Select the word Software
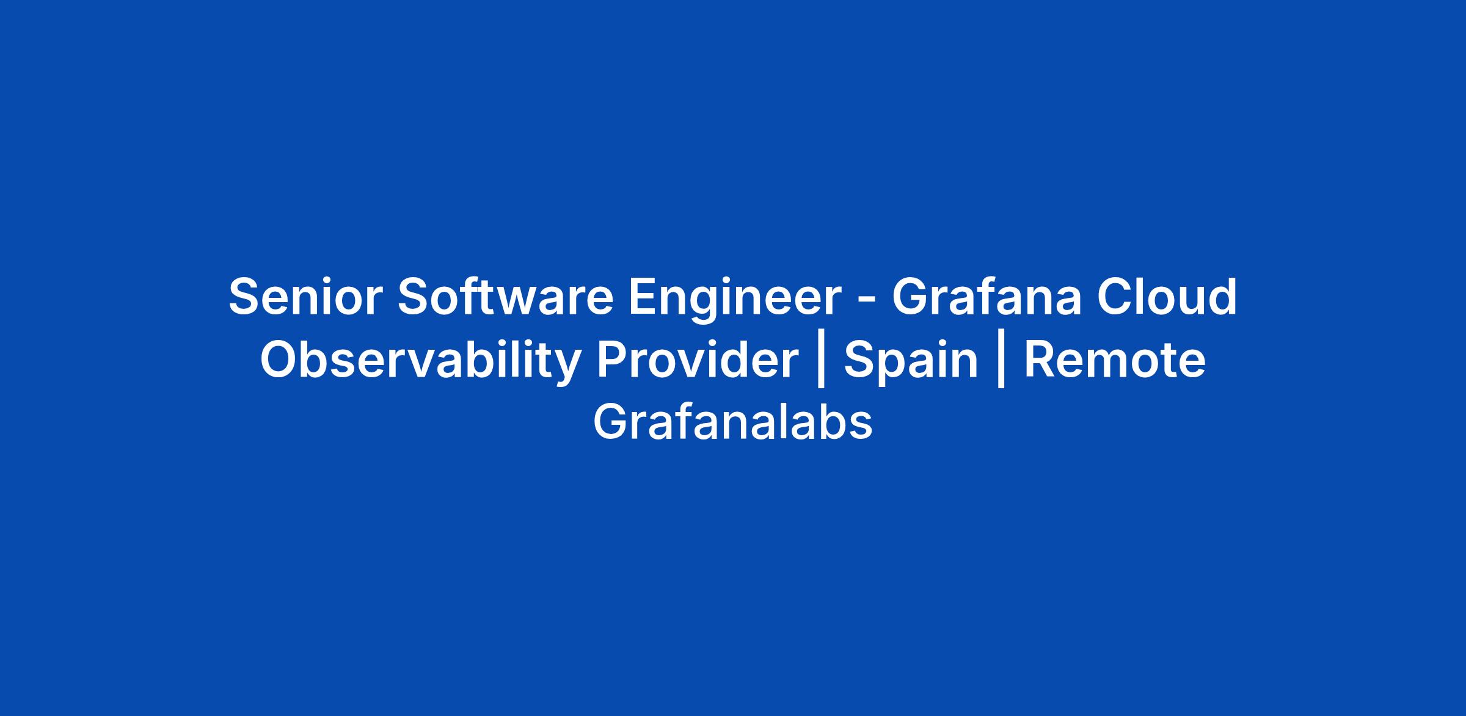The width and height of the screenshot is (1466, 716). [505, 297]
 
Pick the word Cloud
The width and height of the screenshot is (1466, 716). [1167, 297]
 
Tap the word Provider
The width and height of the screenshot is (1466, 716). [698, 360]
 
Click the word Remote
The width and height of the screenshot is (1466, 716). [1115, 360]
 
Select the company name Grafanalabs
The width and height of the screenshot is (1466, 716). [733, 422]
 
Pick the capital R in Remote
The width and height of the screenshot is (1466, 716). [1041, 361]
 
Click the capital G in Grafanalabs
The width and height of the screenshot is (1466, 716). [611, 422]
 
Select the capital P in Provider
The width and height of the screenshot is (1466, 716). [613, 361]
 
